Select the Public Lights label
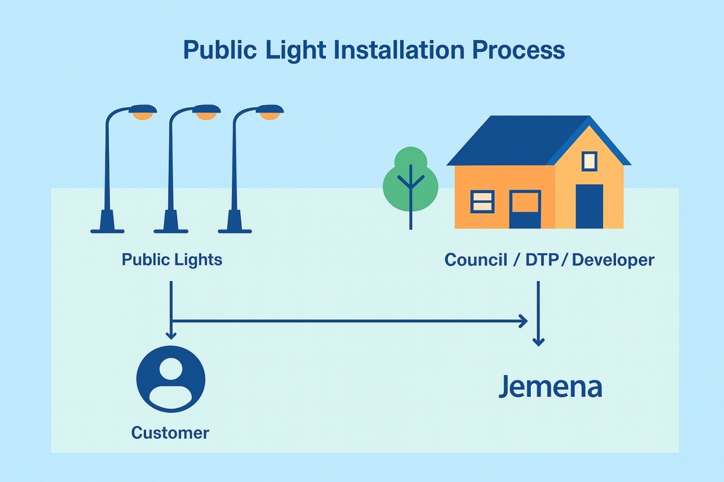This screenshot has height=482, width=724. [172, 259]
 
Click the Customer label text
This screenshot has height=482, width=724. [170, 433]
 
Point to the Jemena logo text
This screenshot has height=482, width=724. [550, 387]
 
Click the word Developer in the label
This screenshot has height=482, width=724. [613, 260]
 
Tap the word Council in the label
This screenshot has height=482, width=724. [475, 260]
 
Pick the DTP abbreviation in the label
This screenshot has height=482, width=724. [541, 260]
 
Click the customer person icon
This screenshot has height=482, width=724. [171, 379]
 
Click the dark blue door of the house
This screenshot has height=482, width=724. [589, 206]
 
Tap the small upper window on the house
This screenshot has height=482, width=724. [589, 161]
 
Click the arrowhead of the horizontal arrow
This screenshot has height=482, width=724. [524, 321]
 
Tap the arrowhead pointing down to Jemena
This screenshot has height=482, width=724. [539, 341]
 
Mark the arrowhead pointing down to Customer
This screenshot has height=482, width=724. [171, 336]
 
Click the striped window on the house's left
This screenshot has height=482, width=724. [482, 201]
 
